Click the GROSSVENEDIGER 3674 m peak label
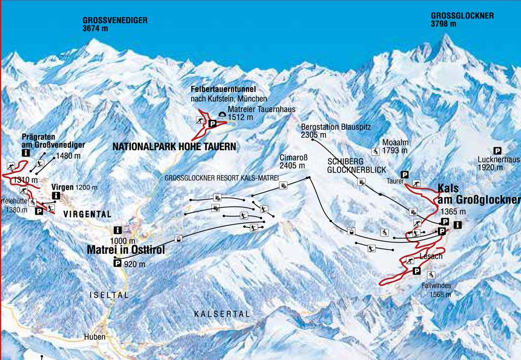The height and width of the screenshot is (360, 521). (x=114, y=24)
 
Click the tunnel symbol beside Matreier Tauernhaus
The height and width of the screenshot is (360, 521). (x=222, y=113)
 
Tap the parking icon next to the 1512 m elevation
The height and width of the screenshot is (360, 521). (x=213, y=124)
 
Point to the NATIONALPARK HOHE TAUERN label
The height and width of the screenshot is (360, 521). (x=174, y=147)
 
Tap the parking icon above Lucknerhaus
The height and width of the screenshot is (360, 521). (x=497, y=150)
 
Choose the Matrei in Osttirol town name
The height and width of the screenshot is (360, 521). (x=126, y=250)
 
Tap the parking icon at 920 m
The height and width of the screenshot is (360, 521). (x=117, y=262)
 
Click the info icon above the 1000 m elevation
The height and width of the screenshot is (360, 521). (x=117, y=230)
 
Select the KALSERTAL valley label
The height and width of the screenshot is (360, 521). (x=222, y=313)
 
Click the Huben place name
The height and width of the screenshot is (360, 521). (x=95, y=337)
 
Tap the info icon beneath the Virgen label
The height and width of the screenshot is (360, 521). (x=56, y=196)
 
